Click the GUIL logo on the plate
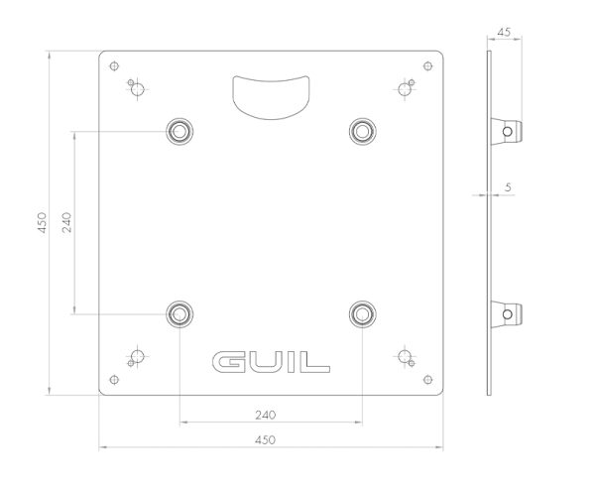271,362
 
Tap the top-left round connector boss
179,132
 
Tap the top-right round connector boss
362,132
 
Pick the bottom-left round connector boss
179,314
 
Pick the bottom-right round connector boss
362,314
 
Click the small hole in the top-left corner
114,66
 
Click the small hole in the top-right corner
427,66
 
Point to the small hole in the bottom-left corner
114,380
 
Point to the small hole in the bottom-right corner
427,380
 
